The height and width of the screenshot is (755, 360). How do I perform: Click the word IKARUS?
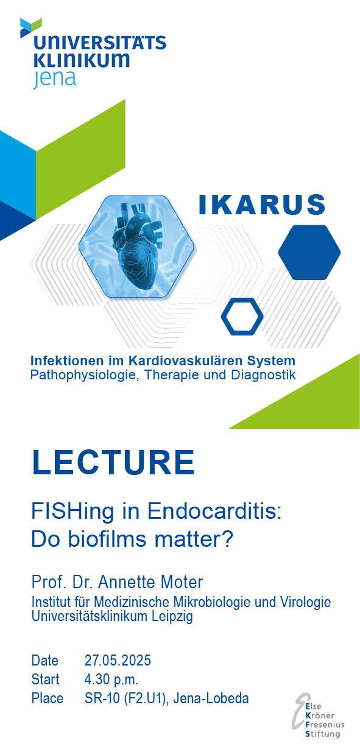pos(262,204)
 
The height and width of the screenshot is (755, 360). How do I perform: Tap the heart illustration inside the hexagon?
pos(138,245)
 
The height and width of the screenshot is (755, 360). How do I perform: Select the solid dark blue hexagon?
pos(309,252)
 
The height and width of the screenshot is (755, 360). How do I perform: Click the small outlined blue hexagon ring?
pos(242,317)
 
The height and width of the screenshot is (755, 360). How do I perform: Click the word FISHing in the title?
pos(72,512)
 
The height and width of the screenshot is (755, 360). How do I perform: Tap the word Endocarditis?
pos(214,511)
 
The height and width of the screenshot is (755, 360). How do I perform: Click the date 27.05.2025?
pos(118,660)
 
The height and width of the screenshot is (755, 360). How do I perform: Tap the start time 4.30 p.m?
pos(111,679)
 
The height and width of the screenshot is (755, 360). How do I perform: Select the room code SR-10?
pos(102,698)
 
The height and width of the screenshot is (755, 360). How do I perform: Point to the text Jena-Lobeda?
pos(211,698)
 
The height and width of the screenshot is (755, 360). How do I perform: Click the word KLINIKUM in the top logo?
pos(82,60)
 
